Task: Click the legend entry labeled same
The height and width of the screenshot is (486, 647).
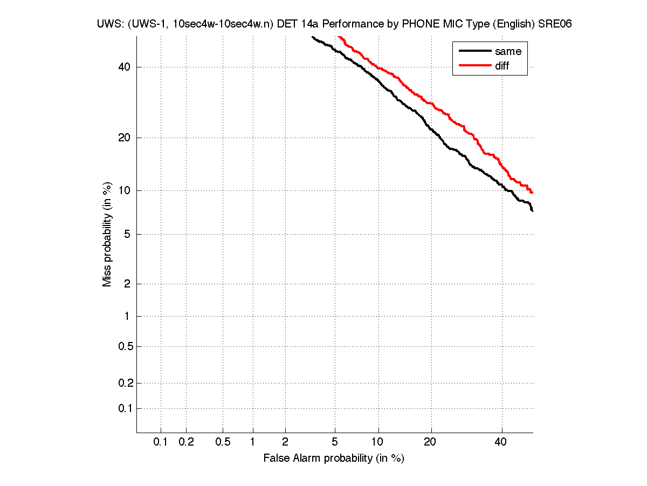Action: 508,51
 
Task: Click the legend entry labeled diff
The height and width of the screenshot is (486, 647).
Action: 502,66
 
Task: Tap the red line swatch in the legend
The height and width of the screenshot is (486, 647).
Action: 474,66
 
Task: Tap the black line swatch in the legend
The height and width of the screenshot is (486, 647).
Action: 474,51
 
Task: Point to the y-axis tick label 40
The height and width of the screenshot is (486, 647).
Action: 123,67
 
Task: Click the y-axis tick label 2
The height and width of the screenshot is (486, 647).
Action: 127,284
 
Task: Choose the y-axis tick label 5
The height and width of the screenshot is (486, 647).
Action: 127,234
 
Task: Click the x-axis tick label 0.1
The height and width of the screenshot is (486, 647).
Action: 161,442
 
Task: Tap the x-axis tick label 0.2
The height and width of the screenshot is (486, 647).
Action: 186,442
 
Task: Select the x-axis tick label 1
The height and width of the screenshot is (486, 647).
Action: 253,442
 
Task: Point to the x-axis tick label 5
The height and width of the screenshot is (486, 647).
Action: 335,442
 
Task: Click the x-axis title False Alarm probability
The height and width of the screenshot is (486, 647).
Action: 333,458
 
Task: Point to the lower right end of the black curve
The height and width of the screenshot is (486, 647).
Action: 532,210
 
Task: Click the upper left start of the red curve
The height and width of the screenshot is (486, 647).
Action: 338,37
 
